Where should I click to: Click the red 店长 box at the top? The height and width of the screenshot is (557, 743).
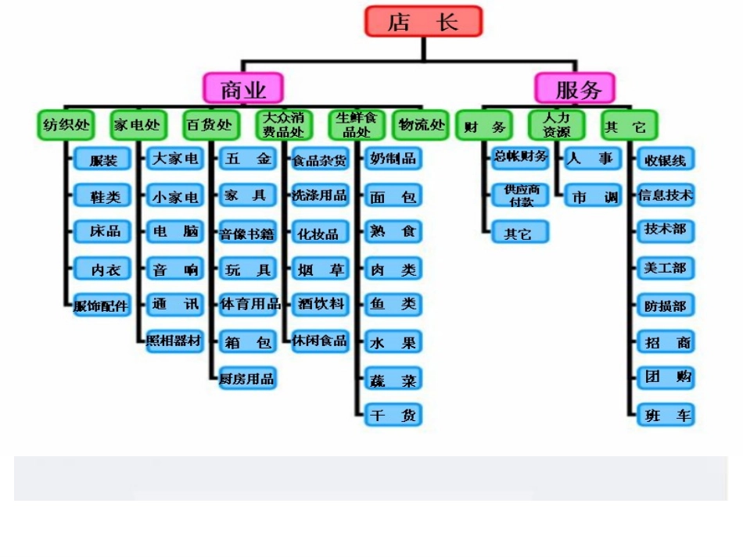pyautogui.click(x=423, y=21)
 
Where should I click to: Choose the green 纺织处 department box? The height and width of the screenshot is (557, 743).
pyautogui.click(x=66, y=124)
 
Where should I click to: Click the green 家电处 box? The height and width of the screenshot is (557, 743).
pyautogui.click(x=138, y=124)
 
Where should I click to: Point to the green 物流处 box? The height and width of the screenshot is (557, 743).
pyautogui.click(x=421, y=124)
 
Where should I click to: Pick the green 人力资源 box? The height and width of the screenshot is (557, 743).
pyautogui.click(x=557, y=124)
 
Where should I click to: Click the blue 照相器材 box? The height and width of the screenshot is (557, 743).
pyautogui.click(x=174, y=342)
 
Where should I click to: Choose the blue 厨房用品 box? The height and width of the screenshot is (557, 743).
pyautogui.click(x=247, y=379)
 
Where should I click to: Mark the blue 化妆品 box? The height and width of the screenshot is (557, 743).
pyautogui.click(x=318, y=233)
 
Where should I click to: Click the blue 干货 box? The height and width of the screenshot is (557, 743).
pyautogui.click(x=393, y=416)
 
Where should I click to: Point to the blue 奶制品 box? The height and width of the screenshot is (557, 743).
pyautogui.click(x=393, y=159)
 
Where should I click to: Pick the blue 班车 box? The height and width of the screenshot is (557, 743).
pyautogui.click(x=665, y=416)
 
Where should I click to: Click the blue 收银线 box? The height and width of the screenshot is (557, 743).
pyautogui.click(x=665, y=160)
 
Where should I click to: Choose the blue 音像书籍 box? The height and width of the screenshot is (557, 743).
pyautogui.click(x=247, y=233)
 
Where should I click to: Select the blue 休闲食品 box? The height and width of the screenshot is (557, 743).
pyautogui.click(x=319, y=341)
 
